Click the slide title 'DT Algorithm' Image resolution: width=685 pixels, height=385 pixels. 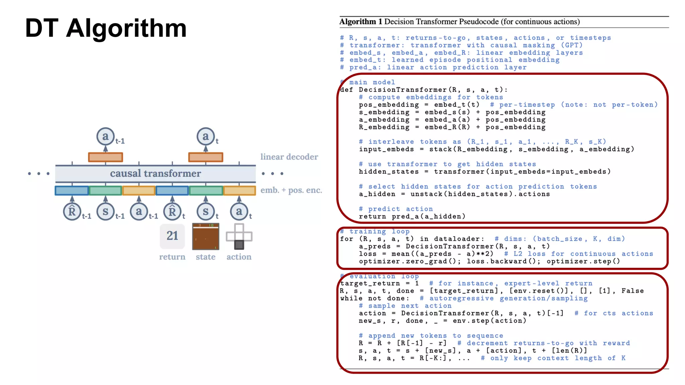(106, 28)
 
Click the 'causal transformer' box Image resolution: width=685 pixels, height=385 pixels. (156, 173)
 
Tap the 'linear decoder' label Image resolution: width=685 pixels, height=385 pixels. (289, 157)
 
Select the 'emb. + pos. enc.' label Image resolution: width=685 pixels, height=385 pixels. (291, 190)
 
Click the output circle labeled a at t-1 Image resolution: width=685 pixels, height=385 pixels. (105, 136)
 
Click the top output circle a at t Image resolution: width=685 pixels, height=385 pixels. (205, 136)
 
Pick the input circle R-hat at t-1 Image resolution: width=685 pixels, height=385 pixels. (72, 212)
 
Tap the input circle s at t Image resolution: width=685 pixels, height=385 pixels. (205, 212)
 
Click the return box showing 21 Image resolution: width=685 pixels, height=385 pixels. (172, 236)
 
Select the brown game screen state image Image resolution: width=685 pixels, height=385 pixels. (205, 237)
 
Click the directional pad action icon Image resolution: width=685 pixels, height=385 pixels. (239, 237)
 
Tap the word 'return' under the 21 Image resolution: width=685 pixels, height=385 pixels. (172, 257)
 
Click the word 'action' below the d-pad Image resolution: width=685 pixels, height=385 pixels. (239, 257)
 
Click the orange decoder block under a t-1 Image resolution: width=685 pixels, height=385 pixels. (105, 157)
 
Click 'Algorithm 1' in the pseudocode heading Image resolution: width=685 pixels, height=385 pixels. (361, 22)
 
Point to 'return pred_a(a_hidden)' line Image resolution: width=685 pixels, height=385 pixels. (412, 217)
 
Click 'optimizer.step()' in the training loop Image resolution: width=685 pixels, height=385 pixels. (583, 261)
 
